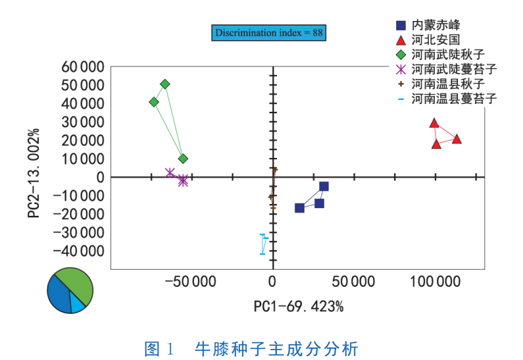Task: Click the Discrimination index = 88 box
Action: [268, 32]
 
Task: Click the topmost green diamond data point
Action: [165, 84]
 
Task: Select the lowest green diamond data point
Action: [183, 159]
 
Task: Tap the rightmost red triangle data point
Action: [457, 139]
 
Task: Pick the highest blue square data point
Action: [324, 186]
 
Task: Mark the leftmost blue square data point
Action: [299, 208]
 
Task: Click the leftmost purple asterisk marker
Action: [170, 173]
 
